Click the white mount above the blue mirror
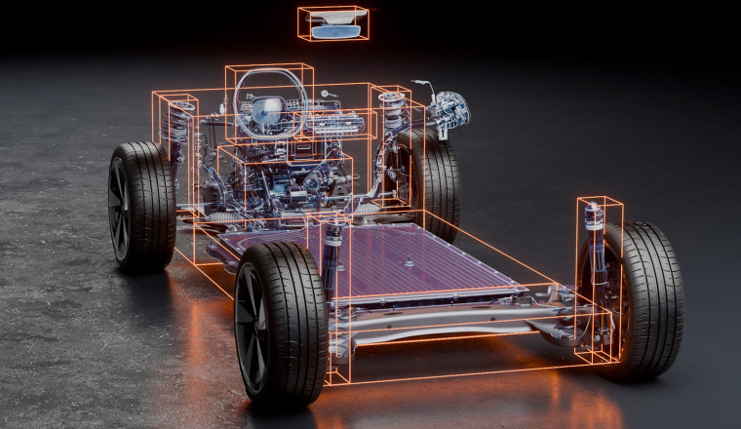[x=333, y=18]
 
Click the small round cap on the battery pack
[x=409, y=263]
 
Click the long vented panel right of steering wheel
[x=336, y=122]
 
